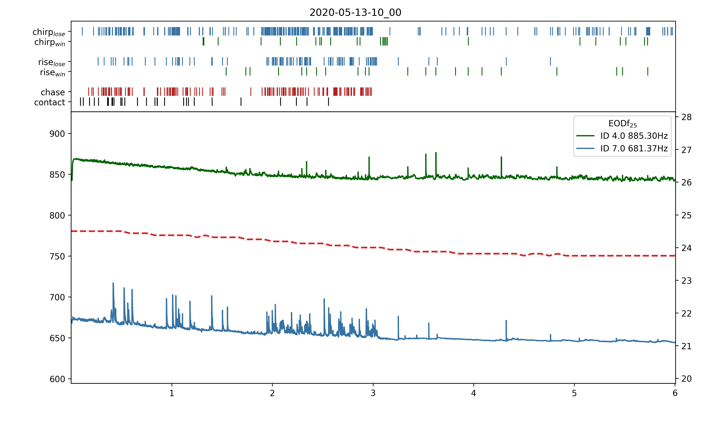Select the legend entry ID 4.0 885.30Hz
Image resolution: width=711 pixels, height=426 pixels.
tap(634, 136)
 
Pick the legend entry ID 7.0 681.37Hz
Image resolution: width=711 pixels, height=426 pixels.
tap(634, 148)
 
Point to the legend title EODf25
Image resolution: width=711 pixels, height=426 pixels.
tap(622, 124)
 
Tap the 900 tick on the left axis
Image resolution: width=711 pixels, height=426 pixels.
tap(57, 134)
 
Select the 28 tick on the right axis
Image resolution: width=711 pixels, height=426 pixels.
tap(686, 117)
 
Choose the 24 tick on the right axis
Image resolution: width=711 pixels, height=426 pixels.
tap(686, 248)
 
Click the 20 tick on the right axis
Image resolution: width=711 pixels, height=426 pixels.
tap(686, 379)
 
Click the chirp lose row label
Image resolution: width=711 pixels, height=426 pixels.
tap(49, 32)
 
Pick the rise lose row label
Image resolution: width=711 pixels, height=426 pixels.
tap(52, 62)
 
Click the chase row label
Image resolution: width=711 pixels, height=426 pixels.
tap(53, 92)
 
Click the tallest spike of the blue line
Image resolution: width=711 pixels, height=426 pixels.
tap(113, 283)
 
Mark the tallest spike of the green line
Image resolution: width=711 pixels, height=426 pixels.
tap(436, 153)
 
